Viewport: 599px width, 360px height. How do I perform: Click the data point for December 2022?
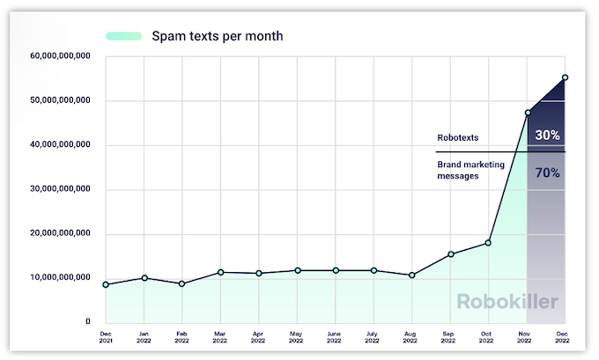pos(565,77)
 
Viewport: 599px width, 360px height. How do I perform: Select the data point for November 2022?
pos(527,113)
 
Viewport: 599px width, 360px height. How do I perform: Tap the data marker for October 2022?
pos(488,243)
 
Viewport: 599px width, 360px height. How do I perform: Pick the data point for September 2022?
pos(450,254)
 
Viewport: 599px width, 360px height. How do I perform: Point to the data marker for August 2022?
pos(411,276)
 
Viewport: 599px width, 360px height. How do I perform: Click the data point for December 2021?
pos(106,284)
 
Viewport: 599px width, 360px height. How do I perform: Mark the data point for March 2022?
pos(220,272)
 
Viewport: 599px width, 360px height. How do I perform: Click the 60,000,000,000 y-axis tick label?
pos(59,56)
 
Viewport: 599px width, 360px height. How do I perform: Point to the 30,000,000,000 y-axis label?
pos(59,189)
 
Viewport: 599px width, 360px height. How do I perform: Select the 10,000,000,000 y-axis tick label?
pos(59,278)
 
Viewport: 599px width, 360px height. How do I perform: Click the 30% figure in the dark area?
pos(547,136)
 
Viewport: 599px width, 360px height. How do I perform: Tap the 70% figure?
pos(547,173)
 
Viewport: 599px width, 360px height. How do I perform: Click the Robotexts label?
pos(459,138)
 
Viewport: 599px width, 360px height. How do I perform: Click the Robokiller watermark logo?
pos(507,302)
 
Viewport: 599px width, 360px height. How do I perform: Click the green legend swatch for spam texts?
pos(123,36)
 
